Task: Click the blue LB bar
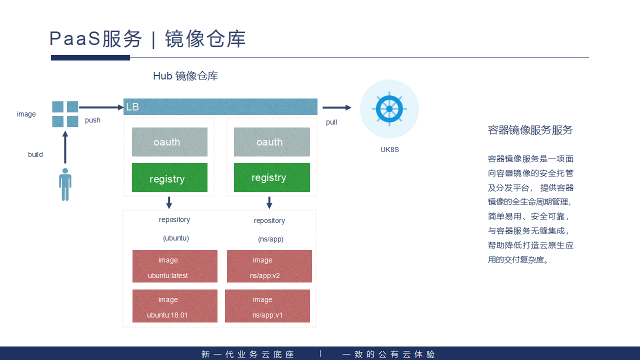[x=220, y=106]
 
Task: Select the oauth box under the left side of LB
[x=169, y=142]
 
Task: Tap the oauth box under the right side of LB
[x=271, y=142]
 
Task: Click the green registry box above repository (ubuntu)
[x=169, y=177]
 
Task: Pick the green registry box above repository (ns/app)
[x=271, y=177]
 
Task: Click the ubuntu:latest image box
[x=174, y=266]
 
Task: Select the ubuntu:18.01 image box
[x=174, y=306]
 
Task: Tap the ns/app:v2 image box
[x=269, y=266]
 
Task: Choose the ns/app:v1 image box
[x=267, y=306]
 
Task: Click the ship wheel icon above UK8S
[x=389, y=108]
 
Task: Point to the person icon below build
[x=65, y=184]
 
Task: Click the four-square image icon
[x=65, y=114]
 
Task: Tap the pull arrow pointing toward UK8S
[x=336, y=107]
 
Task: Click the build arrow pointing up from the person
[x=65, y=147]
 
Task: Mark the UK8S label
[x=389, y=149]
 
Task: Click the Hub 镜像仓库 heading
[x=185, y=76]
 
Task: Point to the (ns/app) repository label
[x=270, y=239]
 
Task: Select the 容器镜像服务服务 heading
[x=530, y=130]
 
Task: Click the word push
[x=92, y=120]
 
